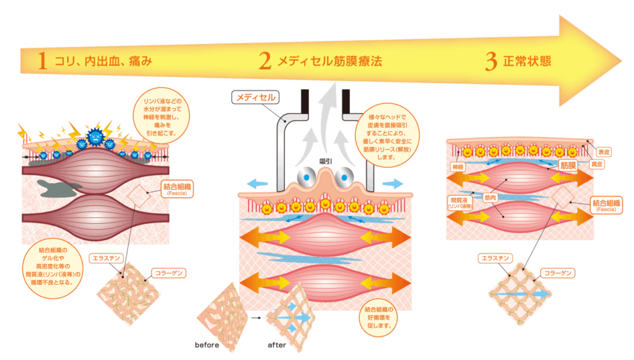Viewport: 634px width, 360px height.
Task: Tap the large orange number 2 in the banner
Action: tap(265, 61)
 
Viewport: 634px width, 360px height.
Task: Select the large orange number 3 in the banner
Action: tap(491, 61)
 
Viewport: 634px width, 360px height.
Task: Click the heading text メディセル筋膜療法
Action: tap(329, 61)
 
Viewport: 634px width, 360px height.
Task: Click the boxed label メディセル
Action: tap(254, 97)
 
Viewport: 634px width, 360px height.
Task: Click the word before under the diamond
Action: tap(207, 345)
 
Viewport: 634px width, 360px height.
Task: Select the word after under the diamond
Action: tap(277, 345)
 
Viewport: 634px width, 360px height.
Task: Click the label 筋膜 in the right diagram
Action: tap(568, 165)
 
